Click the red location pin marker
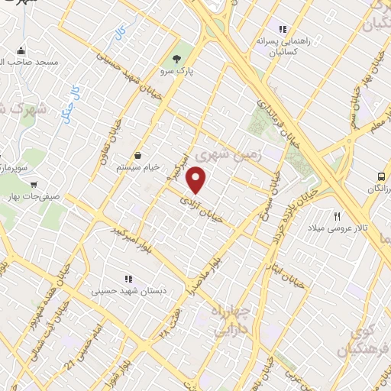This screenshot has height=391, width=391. tap(197, 180)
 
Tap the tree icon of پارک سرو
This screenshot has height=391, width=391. tap(178, 58)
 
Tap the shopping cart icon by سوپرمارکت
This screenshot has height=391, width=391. tap(34, 184)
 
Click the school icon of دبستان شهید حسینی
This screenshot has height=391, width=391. tap(128, 279)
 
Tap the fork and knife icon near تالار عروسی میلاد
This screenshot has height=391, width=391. tap(337, 216)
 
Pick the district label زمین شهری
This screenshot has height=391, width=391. tap(228, 155)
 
